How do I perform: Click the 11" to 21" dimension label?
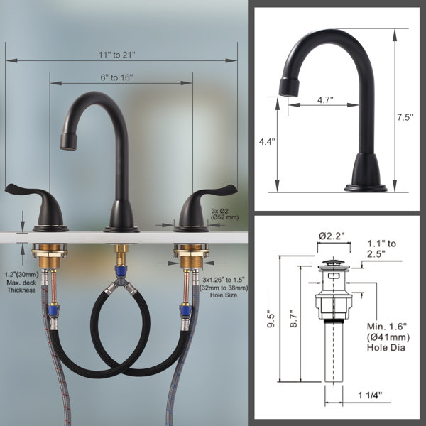point(116,55)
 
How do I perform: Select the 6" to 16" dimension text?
point(116,77)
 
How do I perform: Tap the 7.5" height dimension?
point(405,117)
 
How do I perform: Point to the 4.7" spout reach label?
point(325,99)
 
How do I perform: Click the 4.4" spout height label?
point(267,141)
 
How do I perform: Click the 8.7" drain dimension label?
point(294,319)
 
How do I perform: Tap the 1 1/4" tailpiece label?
point(370,395)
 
